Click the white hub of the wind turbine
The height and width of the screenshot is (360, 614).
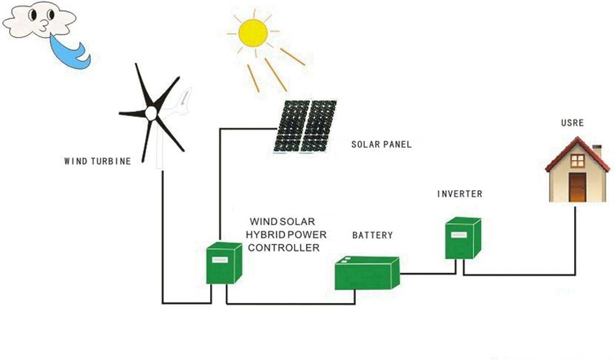[x=151, y=113]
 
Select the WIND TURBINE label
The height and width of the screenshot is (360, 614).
[x=97, y=161]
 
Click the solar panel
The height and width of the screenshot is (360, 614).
[x=305, y=126]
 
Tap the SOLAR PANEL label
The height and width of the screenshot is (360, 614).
[x=381, y=144]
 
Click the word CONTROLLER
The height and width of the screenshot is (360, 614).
[x=284, y=248]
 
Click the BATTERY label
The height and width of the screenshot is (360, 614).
[x=372, y=235]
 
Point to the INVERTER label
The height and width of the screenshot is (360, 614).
[x=459, y=194]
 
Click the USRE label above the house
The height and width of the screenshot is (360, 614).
[x=572, y=123]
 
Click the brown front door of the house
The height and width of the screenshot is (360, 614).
[x=577, y=187]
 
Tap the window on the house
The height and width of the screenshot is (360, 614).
[x=577, y=161]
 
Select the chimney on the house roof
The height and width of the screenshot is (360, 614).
[x=597, y=151]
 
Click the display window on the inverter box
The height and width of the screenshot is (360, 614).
[x=458, y=235]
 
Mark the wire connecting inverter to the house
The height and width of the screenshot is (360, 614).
[x=520, y=274]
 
